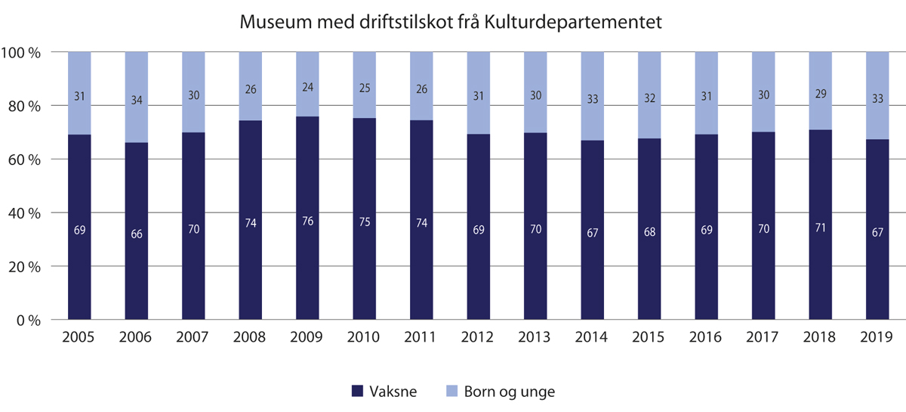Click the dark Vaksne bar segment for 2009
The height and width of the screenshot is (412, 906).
tap(307, 257)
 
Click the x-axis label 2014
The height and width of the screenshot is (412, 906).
tap(591, 337)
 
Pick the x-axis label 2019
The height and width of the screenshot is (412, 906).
tap(877, 337)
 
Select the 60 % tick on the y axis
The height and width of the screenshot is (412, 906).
tap(25, 160)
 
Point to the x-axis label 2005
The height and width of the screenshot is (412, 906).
tap(79, 337)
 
